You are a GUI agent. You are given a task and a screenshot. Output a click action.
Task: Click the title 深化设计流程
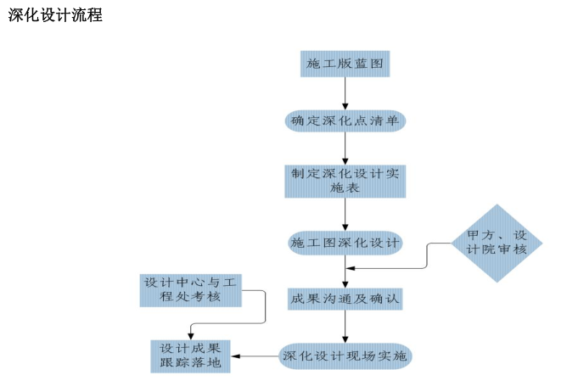(x=55, y=15)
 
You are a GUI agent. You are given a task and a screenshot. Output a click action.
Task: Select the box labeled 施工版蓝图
(x=345, y=64)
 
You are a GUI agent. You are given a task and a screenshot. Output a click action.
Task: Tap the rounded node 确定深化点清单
(x=345, y=121)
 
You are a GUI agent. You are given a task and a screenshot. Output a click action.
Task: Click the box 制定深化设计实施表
(x=345, y=181)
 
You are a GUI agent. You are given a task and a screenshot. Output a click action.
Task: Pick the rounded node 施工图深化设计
(x=345, y=243)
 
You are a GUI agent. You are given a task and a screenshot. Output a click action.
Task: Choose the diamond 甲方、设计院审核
(x=497, y=243)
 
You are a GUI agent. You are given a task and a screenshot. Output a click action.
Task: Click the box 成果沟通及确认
(x=345, y=300)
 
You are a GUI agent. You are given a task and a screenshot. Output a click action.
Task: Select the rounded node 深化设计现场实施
(x=345, y=356)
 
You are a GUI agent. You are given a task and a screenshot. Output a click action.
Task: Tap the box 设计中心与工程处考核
(x=192, y=290)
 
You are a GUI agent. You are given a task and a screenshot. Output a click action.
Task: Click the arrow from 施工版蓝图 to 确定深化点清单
(x=345, y=93)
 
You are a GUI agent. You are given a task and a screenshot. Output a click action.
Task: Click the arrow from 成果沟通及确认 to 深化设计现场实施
(x=345, y=328)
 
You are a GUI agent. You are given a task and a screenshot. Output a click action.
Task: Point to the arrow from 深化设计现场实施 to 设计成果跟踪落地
(x=255, y=356)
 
